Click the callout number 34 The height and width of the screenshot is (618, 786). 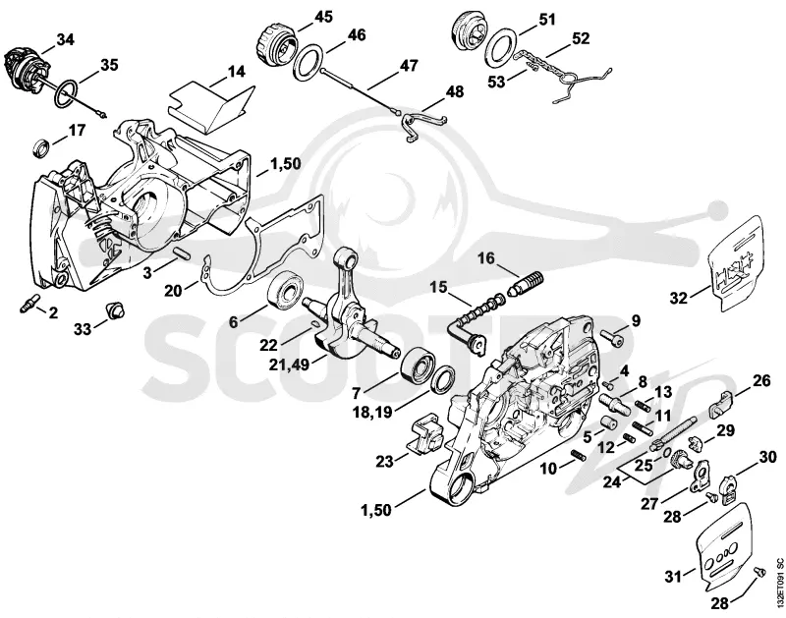(x=65, y=38)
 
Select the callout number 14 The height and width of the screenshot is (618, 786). (x=237, y=72)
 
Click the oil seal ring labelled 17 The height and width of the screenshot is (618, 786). (x=42, y=147)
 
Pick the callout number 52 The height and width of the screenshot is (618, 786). (x=580, y=38)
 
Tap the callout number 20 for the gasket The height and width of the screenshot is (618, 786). (x=174, y=290)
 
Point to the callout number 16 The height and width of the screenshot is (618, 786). (x=485, y=258)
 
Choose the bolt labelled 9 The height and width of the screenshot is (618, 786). (x=611, y=339)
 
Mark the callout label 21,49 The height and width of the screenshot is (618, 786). (x=289, y=364)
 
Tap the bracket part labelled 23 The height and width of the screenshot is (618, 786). (x=425, y=433)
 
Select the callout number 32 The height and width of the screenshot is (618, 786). (x=678, y=298)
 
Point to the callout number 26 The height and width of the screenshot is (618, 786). (x=760, y=381)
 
